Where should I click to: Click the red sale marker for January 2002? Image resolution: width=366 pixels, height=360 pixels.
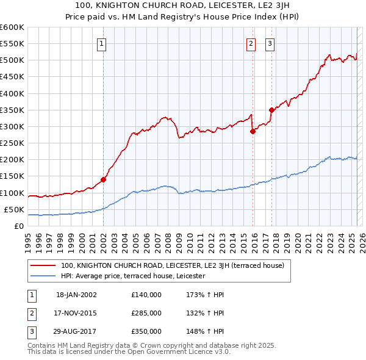(x=103, y=179)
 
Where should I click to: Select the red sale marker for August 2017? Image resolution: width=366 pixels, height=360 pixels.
(x=271, y=110)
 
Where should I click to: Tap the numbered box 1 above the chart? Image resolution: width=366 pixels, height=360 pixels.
(x=101, y=43)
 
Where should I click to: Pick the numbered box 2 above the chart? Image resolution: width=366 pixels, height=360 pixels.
(x=251, y=43)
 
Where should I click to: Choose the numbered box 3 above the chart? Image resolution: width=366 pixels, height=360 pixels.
(x=270, y=43)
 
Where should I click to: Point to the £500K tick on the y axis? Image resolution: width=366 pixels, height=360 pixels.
(x=12, y=60)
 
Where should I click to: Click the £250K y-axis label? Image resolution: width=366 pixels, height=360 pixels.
(x=12, y=143)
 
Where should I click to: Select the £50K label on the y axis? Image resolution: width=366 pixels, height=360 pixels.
(x=14, y=209)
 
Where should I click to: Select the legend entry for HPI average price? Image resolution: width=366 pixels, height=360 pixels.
(x=133, y=276)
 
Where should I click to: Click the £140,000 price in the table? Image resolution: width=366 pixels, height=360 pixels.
(x=146, y=295)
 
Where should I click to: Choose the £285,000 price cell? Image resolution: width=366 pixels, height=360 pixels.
(x=146, y=312)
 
